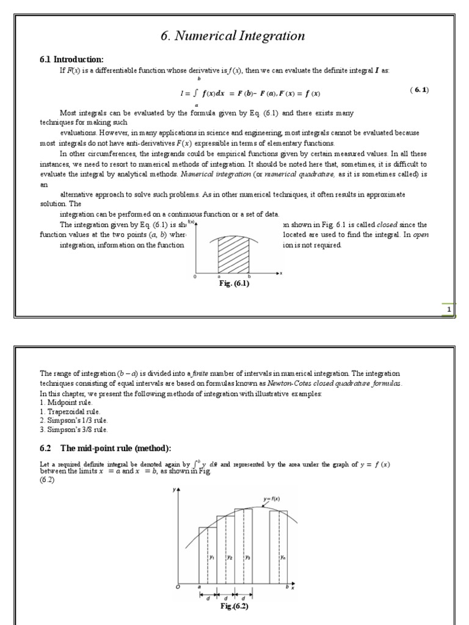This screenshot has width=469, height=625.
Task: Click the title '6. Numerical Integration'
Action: click(233, 36)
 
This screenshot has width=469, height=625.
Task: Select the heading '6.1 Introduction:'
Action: click(71, 59)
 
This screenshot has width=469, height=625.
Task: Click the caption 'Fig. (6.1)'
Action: click(235, 284)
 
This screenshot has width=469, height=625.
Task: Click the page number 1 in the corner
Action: click(449, 310)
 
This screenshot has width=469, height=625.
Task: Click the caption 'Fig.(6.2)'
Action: click(234, 606)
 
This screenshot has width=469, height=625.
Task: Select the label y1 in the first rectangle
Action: click(211, 557)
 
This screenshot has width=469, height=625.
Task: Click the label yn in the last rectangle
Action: click(283, 557)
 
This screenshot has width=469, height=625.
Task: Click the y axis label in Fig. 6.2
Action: click(175, 490)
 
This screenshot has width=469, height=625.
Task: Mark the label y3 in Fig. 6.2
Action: click(247, 557)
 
